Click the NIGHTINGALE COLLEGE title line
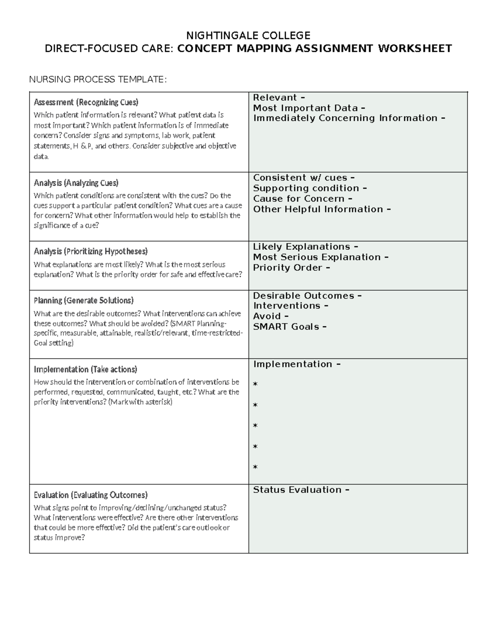click(x=248, y=35)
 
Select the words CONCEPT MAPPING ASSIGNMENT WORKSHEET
click(x=314, y=49)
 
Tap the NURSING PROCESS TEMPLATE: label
click(x=98, y=79)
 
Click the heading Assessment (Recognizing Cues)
click(x=86, y=102)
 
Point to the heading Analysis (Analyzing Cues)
click(x=76, y=183)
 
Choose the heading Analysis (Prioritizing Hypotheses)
click(x=91, y=251)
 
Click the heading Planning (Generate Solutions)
click(x=84, y=300)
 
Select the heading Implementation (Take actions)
click(x=85, y=369)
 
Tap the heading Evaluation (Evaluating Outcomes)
click(x=91, y=495)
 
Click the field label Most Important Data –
click(x=309, y=108)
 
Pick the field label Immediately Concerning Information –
click(x=349, y=118)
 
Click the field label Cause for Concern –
click(x=303, y=199)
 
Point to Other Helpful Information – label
click(x=322, y=209)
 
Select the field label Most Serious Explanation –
click(x=321, y=257)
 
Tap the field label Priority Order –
click(x=292, y=267)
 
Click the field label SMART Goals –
click(x=290, y=327)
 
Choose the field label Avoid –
click(x=271, y=316)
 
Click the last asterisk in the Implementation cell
click(x=255, y=467)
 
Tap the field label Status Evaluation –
click(x=301, y=490)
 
